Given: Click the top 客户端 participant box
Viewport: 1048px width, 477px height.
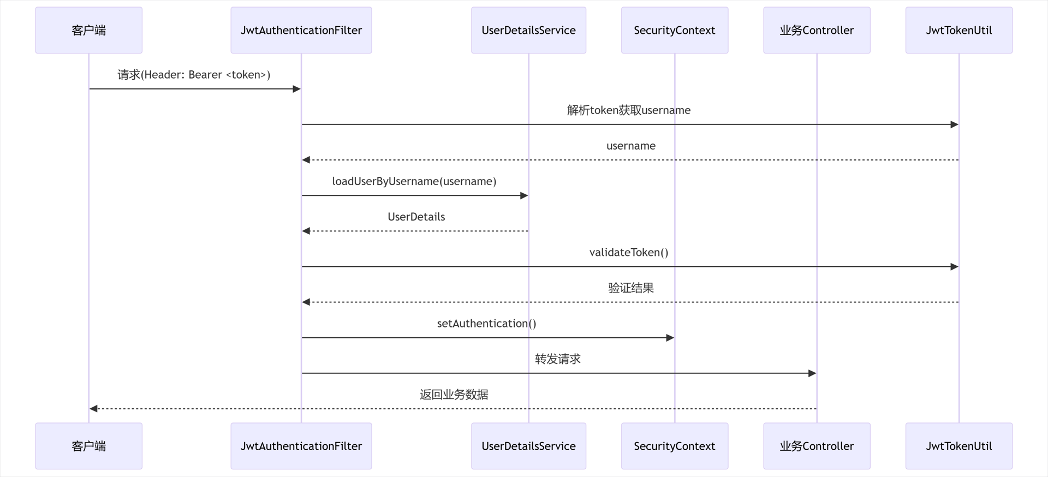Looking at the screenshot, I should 88,31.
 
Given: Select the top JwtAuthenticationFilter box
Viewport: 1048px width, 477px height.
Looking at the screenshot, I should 301,31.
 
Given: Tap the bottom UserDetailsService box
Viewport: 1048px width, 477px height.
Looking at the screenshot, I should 528,446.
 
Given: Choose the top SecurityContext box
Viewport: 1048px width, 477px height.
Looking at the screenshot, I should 674,31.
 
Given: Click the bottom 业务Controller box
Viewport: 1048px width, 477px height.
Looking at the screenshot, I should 817,446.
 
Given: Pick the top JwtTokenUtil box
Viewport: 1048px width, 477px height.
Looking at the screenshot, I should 958,31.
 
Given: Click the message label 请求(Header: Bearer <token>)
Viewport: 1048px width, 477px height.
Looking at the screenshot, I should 194,75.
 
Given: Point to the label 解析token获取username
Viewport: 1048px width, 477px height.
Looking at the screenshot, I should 628,110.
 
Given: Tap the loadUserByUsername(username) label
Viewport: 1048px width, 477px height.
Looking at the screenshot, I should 414,181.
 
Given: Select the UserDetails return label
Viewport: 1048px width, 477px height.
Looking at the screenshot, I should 416,217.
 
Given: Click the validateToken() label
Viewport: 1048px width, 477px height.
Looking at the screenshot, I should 628,252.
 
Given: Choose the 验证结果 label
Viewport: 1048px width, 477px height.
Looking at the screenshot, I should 630,288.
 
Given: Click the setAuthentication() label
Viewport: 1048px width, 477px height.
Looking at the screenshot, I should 486,323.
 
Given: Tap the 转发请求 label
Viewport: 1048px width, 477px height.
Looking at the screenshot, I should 557,359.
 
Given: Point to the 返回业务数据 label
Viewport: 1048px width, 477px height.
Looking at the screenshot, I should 454,394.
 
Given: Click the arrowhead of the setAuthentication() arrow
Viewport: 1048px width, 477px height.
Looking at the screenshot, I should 670,338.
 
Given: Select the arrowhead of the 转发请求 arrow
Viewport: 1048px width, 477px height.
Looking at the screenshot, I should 812,373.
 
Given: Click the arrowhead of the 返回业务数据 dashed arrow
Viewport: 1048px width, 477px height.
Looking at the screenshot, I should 93,409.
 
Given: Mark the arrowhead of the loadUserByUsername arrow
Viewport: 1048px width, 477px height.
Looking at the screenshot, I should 524,195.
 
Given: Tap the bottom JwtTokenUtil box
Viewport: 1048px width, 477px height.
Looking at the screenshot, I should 958,446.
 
